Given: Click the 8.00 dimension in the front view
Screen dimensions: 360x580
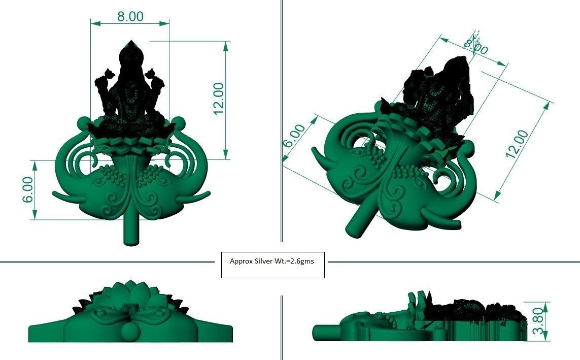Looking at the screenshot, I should click(130, 16).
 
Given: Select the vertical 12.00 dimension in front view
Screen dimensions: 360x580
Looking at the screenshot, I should click(219, 99).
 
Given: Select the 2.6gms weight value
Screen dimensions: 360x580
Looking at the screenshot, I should click(302, 262).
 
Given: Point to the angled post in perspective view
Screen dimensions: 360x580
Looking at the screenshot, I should click(359, 221).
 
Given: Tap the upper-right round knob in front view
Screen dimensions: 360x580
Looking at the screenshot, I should click(178, 122).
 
